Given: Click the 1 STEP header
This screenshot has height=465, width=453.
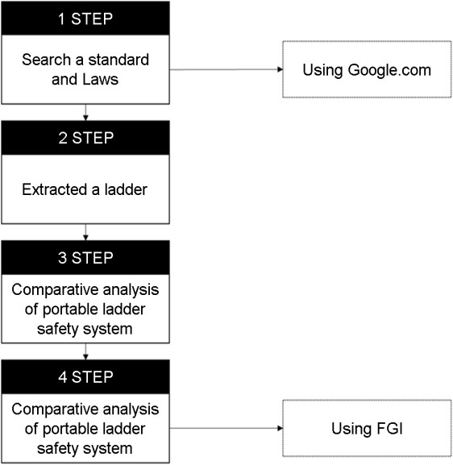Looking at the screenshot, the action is tap(85, 18).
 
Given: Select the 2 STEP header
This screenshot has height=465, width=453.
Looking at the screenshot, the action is tap(85, 138).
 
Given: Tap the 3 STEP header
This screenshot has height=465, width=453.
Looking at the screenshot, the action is tap(85, 257).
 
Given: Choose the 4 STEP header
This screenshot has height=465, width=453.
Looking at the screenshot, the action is tap(85, 377).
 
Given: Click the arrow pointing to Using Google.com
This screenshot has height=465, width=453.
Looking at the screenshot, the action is tap(226, 69).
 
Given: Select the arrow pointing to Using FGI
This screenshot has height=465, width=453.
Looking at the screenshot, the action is tap(226, 428).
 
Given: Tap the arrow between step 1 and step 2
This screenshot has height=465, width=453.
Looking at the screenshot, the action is tap(85, 112).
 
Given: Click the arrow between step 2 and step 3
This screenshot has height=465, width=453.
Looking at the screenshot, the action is tap(85, 232).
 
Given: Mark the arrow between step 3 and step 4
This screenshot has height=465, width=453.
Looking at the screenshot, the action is tap(85, 351).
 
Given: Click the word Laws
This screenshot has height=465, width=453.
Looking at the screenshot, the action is tap(100, 80).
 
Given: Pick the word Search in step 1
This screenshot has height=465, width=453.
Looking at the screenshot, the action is tap(46, 60).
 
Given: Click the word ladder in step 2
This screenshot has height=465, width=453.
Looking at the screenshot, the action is tap(126, 189).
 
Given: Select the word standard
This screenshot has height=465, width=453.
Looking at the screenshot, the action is tap(118, 60).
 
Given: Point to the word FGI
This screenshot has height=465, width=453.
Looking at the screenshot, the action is tap(390, 429).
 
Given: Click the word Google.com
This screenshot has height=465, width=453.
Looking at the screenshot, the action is tap(389, 71).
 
